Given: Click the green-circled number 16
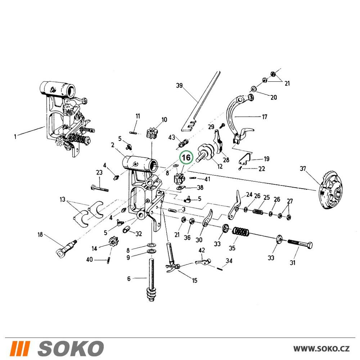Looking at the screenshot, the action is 186,158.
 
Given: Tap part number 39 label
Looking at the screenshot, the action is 179,85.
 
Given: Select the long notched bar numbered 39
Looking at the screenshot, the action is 201,102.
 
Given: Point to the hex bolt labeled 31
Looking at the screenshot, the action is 300,244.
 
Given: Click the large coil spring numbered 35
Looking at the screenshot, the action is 241,231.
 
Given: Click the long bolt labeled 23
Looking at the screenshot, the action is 99,187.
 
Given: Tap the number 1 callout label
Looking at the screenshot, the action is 15,136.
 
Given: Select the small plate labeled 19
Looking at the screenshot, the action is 244,158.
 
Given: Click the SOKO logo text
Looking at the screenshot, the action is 71,348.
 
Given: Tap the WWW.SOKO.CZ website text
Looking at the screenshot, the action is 321,348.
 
